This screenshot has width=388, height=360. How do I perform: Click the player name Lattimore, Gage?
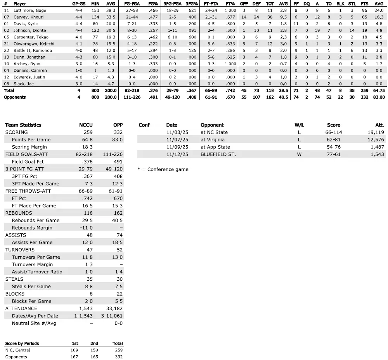(29, 10)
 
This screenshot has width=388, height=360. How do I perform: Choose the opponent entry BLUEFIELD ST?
(218, 155)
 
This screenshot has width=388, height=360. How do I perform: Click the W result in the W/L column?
(299, 155)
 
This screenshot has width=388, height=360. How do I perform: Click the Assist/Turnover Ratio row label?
(37, 272)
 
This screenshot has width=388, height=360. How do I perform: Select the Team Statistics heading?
(23, 125)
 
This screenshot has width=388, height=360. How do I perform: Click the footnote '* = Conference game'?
(163, 169)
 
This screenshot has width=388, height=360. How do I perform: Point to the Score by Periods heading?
(22, 343)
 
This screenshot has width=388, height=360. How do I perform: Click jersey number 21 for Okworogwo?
(6, 43)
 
